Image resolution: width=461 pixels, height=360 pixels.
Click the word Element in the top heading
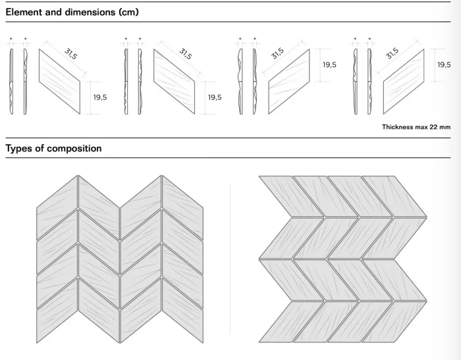[x=26, y=12]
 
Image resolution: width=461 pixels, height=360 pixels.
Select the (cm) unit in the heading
[x=126, y=12]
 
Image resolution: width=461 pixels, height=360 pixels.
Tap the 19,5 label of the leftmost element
[x=99, y=97]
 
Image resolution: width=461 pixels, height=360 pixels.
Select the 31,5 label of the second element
[x=186, y=53]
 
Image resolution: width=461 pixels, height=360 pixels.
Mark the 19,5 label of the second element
[x=215, y=97]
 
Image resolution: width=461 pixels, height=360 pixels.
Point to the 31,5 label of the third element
[x=277, y=53]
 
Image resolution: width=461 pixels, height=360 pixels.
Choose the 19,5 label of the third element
[x=329, y=64]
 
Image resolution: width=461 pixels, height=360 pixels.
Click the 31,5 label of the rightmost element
[x=392, y=53]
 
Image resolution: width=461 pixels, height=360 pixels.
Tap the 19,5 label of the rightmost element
[x=444, y=64]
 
